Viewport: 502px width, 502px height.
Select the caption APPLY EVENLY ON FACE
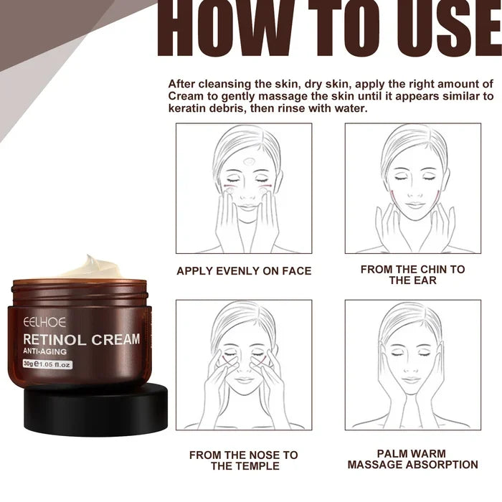tap(244, 271)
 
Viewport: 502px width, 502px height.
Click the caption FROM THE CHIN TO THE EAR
tap(412, 275)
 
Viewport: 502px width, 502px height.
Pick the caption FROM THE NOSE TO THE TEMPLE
tap(244, 460)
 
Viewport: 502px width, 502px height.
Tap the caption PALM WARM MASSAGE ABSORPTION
tap(412, 459)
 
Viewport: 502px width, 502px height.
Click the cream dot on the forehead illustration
tap(248, 161)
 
